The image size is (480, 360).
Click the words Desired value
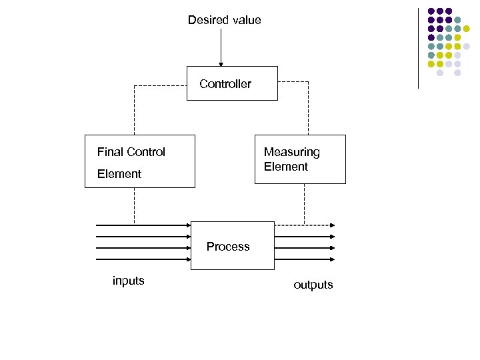224,20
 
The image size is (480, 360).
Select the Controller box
232,93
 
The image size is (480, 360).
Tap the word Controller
225,84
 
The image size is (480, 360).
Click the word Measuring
291,152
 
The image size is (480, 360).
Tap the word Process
228,247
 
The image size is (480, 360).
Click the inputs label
129,281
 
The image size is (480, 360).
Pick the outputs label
313,285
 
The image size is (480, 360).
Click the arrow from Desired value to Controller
221,47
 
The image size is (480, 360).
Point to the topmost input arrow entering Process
143,225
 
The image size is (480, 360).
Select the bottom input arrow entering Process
143,259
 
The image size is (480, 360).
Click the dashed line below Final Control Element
134,205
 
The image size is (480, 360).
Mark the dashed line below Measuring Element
304,203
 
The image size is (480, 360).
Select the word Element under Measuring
285,167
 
